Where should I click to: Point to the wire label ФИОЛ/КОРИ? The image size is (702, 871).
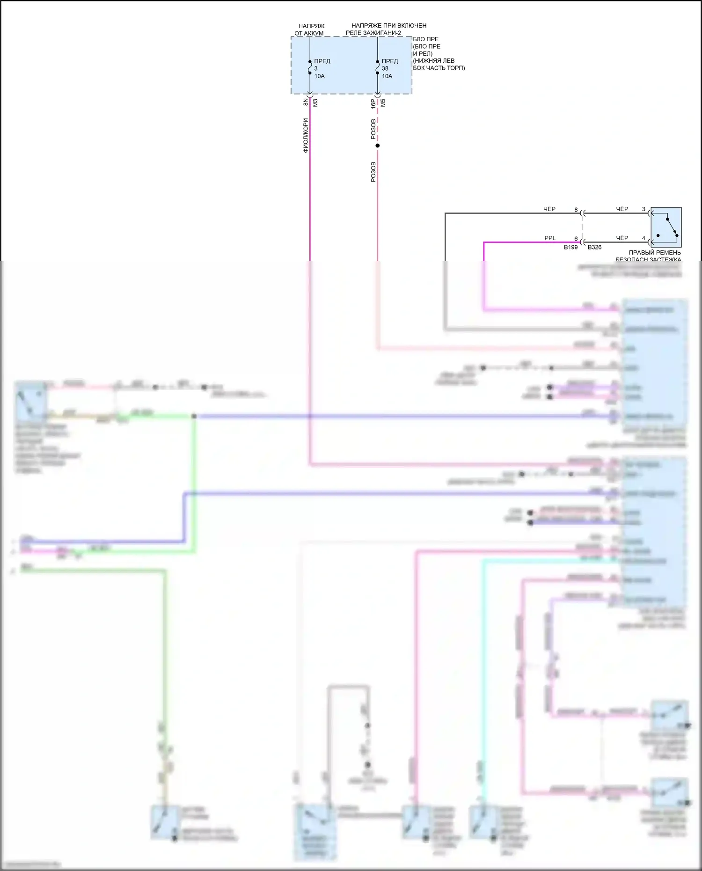click(x=306, y=136)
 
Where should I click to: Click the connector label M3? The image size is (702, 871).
click(x=315, y=102)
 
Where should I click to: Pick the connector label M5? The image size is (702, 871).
click(x=383, y=102)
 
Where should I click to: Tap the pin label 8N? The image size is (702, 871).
click(x=306, y=102)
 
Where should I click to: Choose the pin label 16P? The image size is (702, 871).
click(x=373, y=103)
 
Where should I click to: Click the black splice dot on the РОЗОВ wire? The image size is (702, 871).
click(x=378, y=146)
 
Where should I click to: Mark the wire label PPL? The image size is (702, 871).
click(x=550, y=238)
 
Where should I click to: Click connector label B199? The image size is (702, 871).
click(x=570, y=247)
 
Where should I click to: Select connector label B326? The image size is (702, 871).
click(x=594, y=247)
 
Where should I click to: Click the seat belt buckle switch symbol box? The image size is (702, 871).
click(x=666, y=227)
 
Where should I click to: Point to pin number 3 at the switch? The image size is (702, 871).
click(x=643, y=209)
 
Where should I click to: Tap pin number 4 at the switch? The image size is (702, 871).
click(x=643, y=238)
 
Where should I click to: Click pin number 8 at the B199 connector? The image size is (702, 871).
click(x=576, y=210)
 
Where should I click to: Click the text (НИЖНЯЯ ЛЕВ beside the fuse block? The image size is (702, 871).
click(x=433, y=61)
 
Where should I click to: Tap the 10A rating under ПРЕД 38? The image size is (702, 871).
click(x=387, y=76)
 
